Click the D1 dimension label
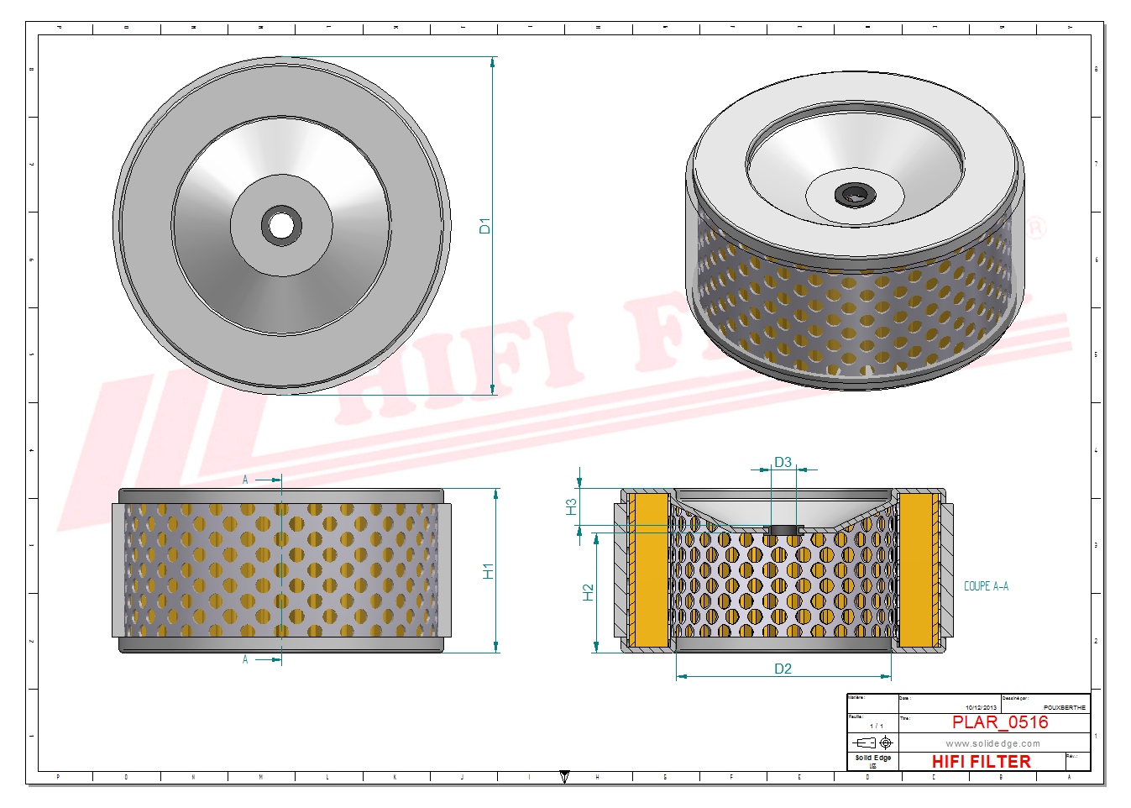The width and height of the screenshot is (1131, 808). click(x=484, y=225)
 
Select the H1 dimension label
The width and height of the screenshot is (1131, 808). click(x=488, y=570)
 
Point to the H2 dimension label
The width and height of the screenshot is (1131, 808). click(x=588, y=592)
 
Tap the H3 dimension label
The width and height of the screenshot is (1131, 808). click(x=571, y=506)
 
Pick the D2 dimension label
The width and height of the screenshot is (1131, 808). click(x=783, y=669)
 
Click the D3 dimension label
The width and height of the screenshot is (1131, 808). click(x=783, y=462)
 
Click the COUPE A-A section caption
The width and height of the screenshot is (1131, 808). click(x=986, y=586)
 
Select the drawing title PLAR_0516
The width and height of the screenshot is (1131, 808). click(x=999, y=722)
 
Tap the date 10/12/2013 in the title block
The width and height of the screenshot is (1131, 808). click(x=981, y=707)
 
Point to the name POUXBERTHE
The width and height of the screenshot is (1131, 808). click(x=1064, y=707)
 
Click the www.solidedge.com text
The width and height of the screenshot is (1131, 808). click(x=992, y=743)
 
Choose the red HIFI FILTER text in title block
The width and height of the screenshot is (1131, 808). click(x=981, y=762)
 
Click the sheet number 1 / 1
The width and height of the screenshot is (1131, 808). click(x=876, y=726)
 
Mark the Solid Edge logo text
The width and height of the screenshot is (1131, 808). click(x=872, y=758)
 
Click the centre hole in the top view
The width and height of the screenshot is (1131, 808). click(x=281, y=225)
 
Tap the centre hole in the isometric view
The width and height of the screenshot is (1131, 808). click(x=855, y=196)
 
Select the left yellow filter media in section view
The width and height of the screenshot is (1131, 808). click(x=648, y=569)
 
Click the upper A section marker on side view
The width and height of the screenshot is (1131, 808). click(x=245, y=480)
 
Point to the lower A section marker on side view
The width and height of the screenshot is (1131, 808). click(x=245, y=659)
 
